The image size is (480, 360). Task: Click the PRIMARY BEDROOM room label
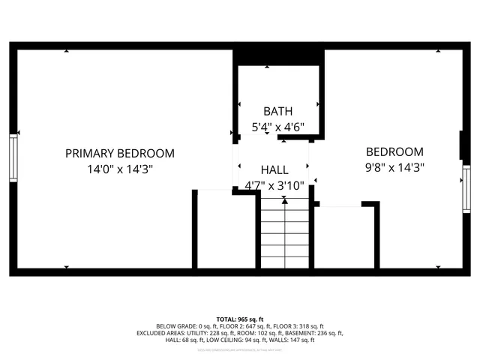[x=120, y=153]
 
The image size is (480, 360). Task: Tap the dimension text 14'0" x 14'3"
[x=120, y=169]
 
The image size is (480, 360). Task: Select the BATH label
[x=277, y=111]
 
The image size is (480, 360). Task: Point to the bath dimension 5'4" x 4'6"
[x=277, y=127]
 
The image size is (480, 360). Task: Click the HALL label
[x=274, y=169]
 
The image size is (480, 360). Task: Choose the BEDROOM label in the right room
[x=394, y=151]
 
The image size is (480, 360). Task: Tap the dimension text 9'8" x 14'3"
[x=394, y=168]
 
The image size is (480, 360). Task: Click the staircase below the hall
[x=284, y=236]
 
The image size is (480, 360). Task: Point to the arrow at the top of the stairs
[x=284, y=200]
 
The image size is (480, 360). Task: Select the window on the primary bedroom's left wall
[x=13, y=157]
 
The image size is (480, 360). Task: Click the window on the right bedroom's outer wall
[x=466, y=189]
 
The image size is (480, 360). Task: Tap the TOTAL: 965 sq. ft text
[x=240, y=319]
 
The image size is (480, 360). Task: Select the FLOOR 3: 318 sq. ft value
[x=299, y=326]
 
